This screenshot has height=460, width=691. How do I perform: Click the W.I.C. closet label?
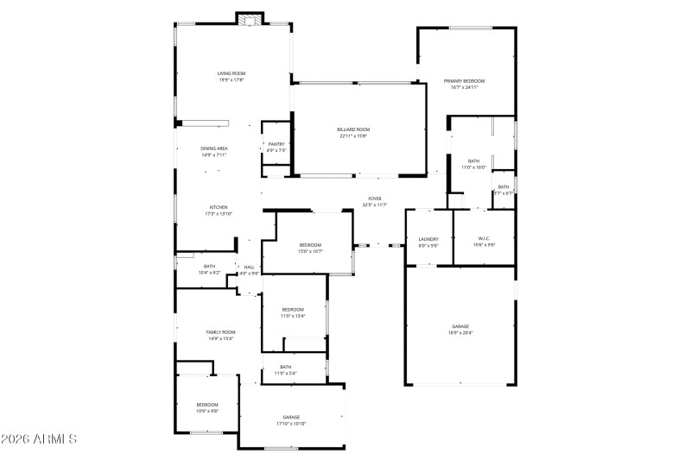(x=484, y=241)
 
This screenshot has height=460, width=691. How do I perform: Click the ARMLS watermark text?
(x=40, y=439)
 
